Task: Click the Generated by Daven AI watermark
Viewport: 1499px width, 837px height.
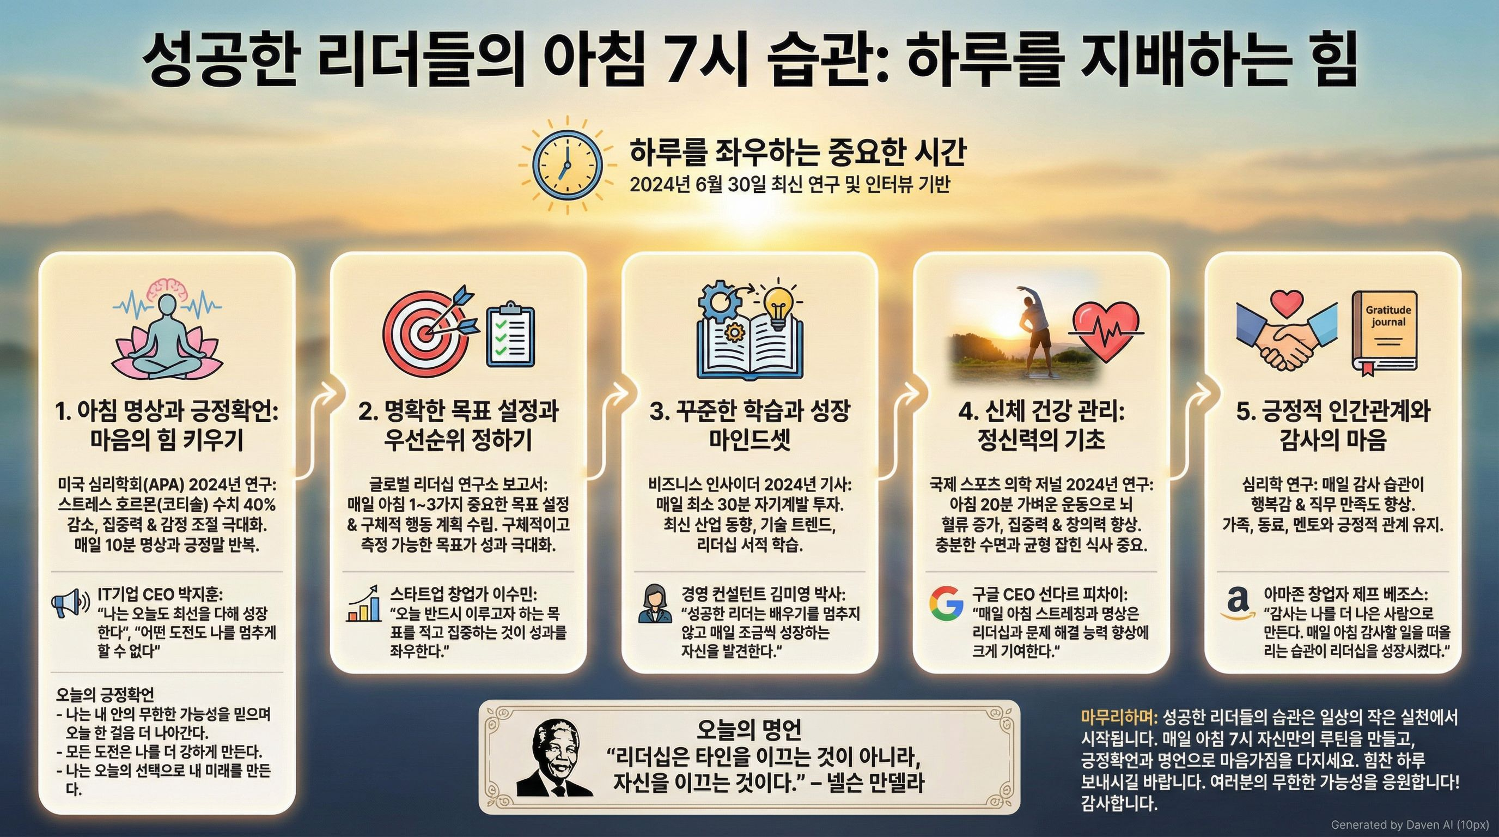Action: coord(1411,825)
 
